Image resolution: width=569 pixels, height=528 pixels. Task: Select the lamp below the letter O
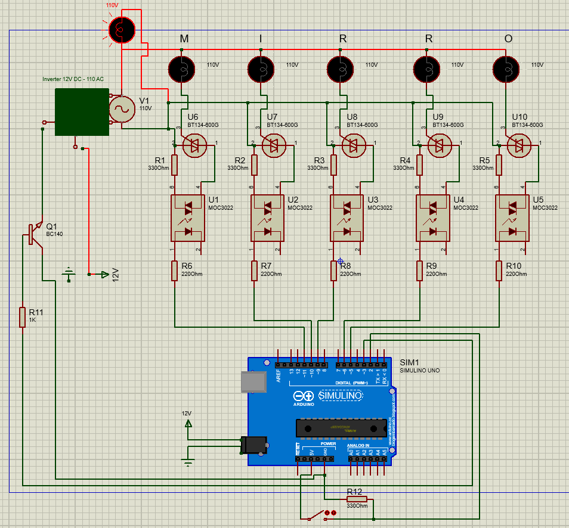pos(506,69)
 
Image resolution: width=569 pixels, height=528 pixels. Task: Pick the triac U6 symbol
pos(195,145)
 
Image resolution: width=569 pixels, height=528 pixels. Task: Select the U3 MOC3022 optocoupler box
pos(347,218)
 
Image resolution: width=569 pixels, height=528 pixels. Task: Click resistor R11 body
pos(23,316)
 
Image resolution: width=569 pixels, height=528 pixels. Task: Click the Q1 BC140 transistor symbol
pos(34,234)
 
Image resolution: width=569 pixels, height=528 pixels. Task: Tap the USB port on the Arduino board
pos(253,382)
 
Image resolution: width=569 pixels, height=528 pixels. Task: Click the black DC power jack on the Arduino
pos(253,445)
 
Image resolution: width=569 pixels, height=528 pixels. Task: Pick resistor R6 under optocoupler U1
pos(175,271)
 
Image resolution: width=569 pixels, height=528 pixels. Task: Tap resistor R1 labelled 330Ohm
pos(175,164)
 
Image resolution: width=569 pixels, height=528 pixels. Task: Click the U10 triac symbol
pos(519,145)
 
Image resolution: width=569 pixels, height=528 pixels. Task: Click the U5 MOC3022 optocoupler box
pos(512,218)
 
